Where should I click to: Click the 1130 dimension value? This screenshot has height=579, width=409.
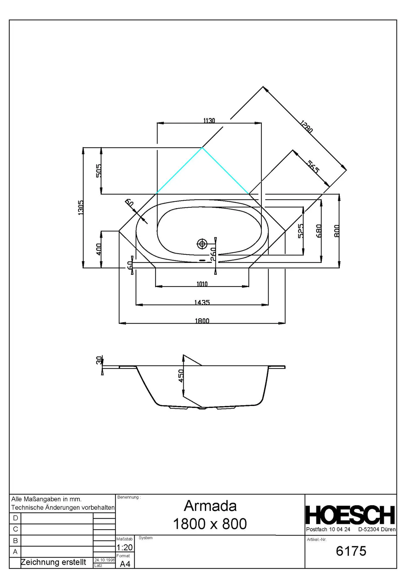point(209,121)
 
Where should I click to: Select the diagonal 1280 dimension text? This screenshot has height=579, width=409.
point(306,127)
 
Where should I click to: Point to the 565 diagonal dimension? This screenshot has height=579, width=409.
point(313,167)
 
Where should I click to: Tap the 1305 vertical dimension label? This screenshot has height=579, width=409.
point(81,208)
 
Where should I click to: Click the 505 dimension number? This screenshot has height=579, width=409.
point(99,171)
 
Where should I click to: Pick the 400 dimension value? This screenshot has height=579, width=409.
point(99,249)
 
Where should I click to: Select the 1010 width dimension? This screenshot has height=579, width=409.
point(202,284)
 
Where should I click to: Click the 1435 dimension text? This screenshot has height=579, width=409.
point(202,302)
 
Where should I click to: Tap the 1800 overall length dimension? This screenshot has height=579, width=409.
point(202,321)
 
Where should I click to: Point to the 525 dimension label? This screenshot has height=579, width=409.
point(300,231)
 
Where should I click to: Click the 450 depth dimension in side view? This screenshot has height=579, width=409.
point(181,375)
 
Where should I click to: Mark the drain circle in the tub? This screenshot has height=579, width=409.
point(202,244)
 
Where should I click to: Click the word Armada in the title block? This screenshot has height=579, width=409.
point(210,506)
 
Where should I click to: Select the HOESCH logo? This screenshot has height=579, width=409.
point(350,515)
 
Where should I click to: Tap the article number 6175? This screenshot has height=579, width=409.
point(351,551)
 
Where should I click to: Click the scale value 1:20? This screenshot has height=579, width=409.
point(125,547)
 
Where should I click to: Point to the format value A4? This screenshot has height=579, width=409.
point(125,564)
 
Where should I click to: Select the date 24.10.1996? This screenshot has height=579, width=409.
point(105,560)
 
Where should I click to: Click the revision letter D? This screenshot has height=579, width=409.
point(16,518)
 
